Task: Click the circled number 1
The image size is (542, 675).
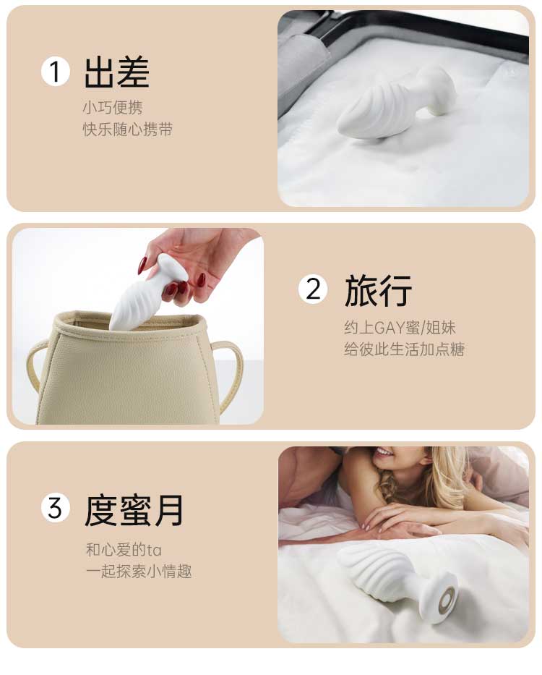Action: click(56, 72)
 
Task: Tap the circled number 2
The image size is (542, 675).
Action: click(313, 289)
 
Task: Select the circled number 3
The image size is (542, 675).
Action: click(56, 508)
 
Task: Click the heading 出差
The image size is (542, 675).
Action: click(116, 72)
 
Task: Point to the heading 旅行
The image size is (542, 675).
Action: click(378, 291)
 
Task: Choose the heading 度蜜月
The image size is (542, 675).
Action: click(134, 510)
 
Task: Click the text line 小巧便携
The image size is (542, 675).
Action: click(113, 107)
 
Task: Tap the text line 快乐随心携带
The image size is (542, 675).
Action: click(128, 130)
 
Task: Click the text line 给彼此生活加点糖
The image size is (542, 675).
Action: click(405, 349)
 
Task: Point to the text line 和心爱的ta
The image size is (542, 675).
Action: click(124, 550)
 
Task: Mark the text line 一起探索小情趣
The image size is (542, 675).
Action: click(139, 572)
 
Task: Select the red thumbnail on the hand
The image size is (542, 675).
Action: click(142, 265)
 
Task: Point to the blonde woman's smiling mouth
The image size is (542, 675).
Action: click(383, 452)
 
